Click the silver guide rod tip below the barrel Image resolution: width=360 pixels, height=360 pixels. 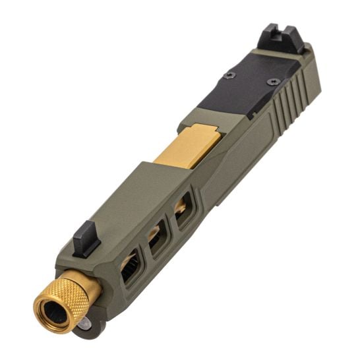coord(85,325)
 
